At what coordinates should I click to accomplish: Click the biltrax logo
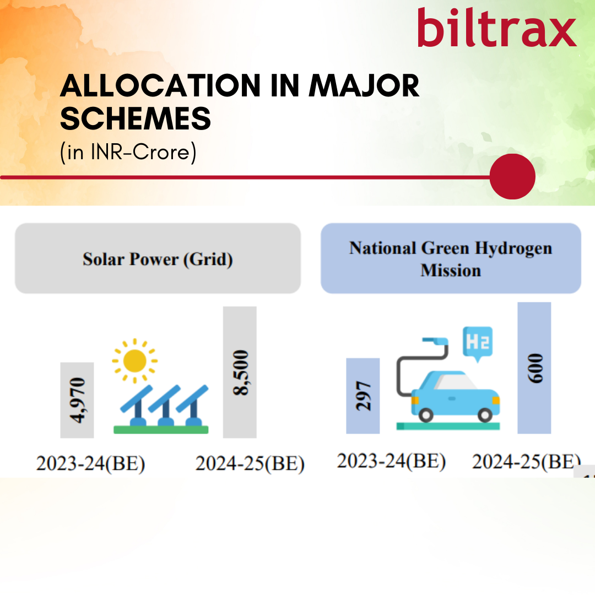(497, 28)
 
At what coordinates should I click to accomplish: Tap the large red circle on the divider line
(512, 176)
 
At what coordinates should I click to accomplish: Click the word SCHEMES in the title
(136, 118)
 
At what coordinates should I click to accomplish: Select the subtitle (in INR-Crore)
(128, 153)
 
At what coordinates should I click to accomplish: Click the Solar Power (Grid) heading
(158, 259)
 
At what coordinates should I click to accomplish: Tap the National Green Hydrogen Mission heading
(451, 259)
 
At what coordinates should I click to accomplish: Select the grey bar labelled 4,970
(77, 400)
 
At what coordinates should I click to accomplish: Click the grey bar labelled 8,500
(240, 372)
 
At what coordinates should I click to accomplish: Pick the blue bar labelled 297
(363, 396)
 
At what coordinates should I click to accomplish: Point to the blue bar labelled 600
(534, 368)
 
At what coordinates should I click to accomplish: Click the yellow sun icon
(135, 361)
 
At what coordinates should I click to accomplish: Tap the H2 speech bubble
(478, 343)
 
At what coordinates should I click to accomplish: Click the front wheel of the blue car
(485, 415)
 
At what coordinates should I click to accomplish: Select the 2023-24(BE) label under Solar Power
(91, 464)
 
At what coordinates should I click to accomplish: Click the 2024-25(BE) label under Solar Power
(250, 464)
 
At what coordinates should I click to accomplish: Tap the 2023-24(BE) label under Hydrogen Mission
(392, 462)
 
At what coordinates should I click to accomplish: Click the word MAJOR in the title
(364, 86)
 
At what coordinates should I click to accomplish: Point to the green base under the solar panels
(161, 430)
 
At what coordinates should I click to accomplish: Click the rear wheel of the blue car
(426, 415)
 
